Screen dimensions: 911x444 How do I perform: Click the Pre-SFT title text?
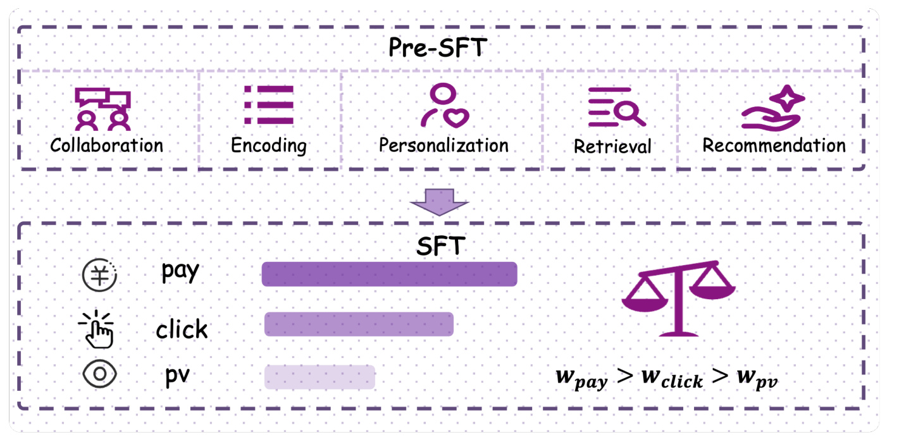coord(438,47)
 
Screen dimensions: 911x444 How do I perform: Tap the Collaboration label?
coord(106,145)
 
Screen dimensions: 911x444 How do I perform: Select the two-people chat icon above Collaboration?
coord(103,109)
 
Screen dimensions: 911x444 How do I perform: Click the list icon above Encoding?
coord(269,104)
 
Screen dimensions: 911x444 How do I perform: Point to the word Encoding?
coord(269,146)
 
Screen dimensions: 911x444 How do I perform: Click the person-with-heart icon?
coord(445,105)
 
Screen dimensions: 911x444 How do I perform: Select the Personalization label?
coord(443,145)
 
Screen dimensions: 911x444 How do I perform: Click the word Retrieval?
coord(612,146)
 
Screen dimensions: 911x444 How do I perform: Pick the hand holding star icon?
coord(772,109)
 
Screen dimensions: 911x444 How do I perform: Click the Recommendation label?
coord(774,145)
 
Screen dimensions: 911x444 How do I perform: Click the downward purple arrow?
coord(439,202)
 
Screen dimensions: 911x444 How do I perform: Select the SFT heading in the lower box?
coord(441,245)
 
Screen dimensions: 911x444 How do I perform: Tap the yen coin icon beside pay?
coord(99,275)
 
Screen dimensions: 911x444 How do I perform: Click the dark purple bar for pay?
coord(390,274)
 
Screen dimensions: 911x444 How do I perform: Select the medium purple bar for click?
coord(359,324)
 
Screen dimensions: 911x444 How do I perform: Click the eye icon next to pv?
coord(100,374)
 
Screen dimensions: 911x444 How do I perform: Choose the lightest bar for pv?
coord(319,377)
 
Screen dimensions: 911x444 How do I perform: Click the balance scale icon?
coord(678,299)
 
